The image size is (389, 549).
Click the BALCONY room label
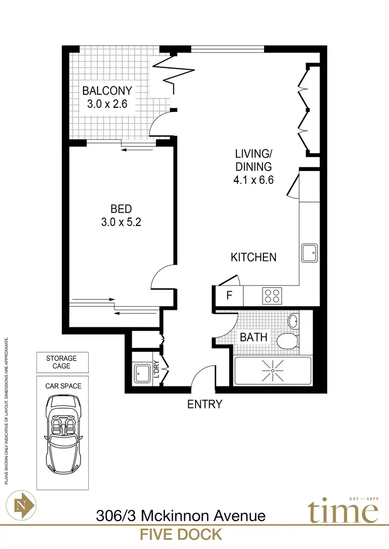107,91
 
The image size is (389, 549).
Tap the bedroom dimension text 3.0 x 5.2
121,223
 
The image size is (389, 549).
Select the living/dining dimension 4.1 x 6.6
254,181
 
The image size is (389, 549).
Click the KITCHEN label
254,257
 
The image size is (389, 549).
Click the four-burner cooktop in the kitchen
272,296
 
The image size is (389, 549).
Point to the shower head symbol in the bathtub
272,370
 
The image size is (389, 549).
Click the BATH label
254,338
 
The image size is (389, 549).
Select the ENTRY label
204,404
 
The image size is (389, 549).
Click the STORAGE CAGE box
61,362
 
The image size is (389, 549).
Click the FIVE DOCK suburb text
181,534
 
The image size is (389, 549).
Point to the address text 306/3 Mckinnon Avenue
181,516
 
